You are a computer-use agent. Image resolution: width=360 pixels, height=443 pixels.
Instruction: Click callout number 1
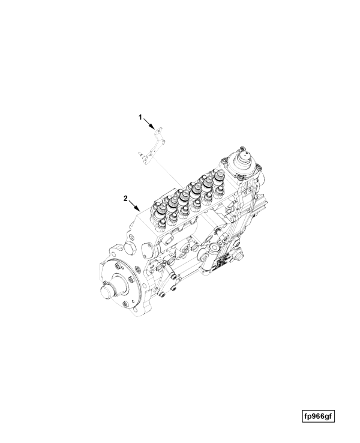click(x=140, y=117)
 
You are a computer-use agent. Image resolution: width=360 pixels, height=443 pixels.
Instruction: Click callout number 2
click(x=125, y=198)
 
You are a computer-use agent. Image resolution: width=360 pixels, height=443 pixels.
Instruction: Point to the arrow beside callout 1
click(x=149, y=124)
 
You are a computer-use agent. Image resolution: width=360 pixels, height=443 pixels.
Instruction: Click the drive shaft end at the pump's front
click(x=107, y=292)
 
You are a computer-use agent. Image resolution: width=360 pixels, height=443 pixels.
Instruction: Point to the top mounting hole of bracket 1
click(x=158, y=131)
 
